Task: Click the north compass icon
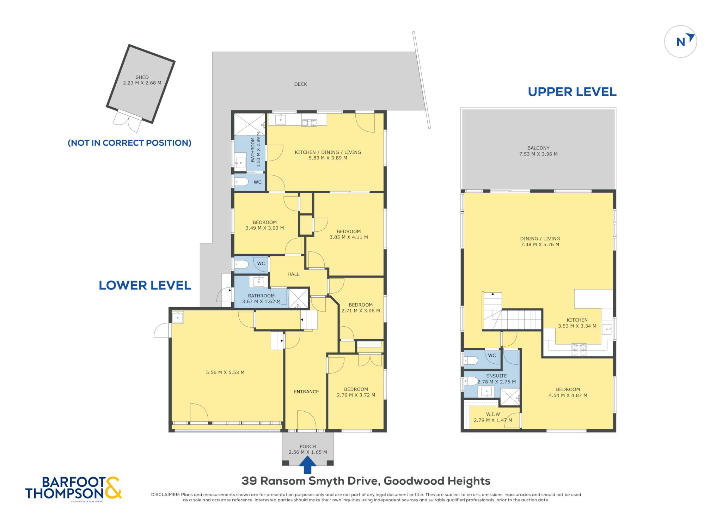[680, 41]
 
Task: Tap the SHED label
[142, 77]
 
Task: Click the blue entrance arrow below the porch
[307, 465]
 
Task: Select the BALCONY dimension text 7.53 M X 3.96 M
[538, 154]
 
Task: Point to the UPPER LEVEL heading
[572, 92]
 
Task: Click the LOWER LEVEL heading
[145, 285]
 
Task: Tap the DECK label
[301, 84]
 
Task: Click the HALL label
[293, 274]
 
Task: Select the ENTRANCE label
[306, 392]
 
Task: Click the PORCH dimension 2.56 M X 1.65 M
[308, 452]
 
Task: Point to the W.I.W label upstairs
[493, 414]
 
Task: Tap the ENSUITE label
[496, 376]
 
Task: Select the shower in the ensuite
[510, 397]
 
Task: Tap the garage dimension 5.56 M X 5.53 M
[225, 372]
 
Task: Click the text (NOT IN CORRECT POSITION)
[129, 143]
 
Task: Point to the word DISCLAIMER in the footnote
[165, 495]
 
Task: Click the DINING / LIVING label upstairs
[540, 239]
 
